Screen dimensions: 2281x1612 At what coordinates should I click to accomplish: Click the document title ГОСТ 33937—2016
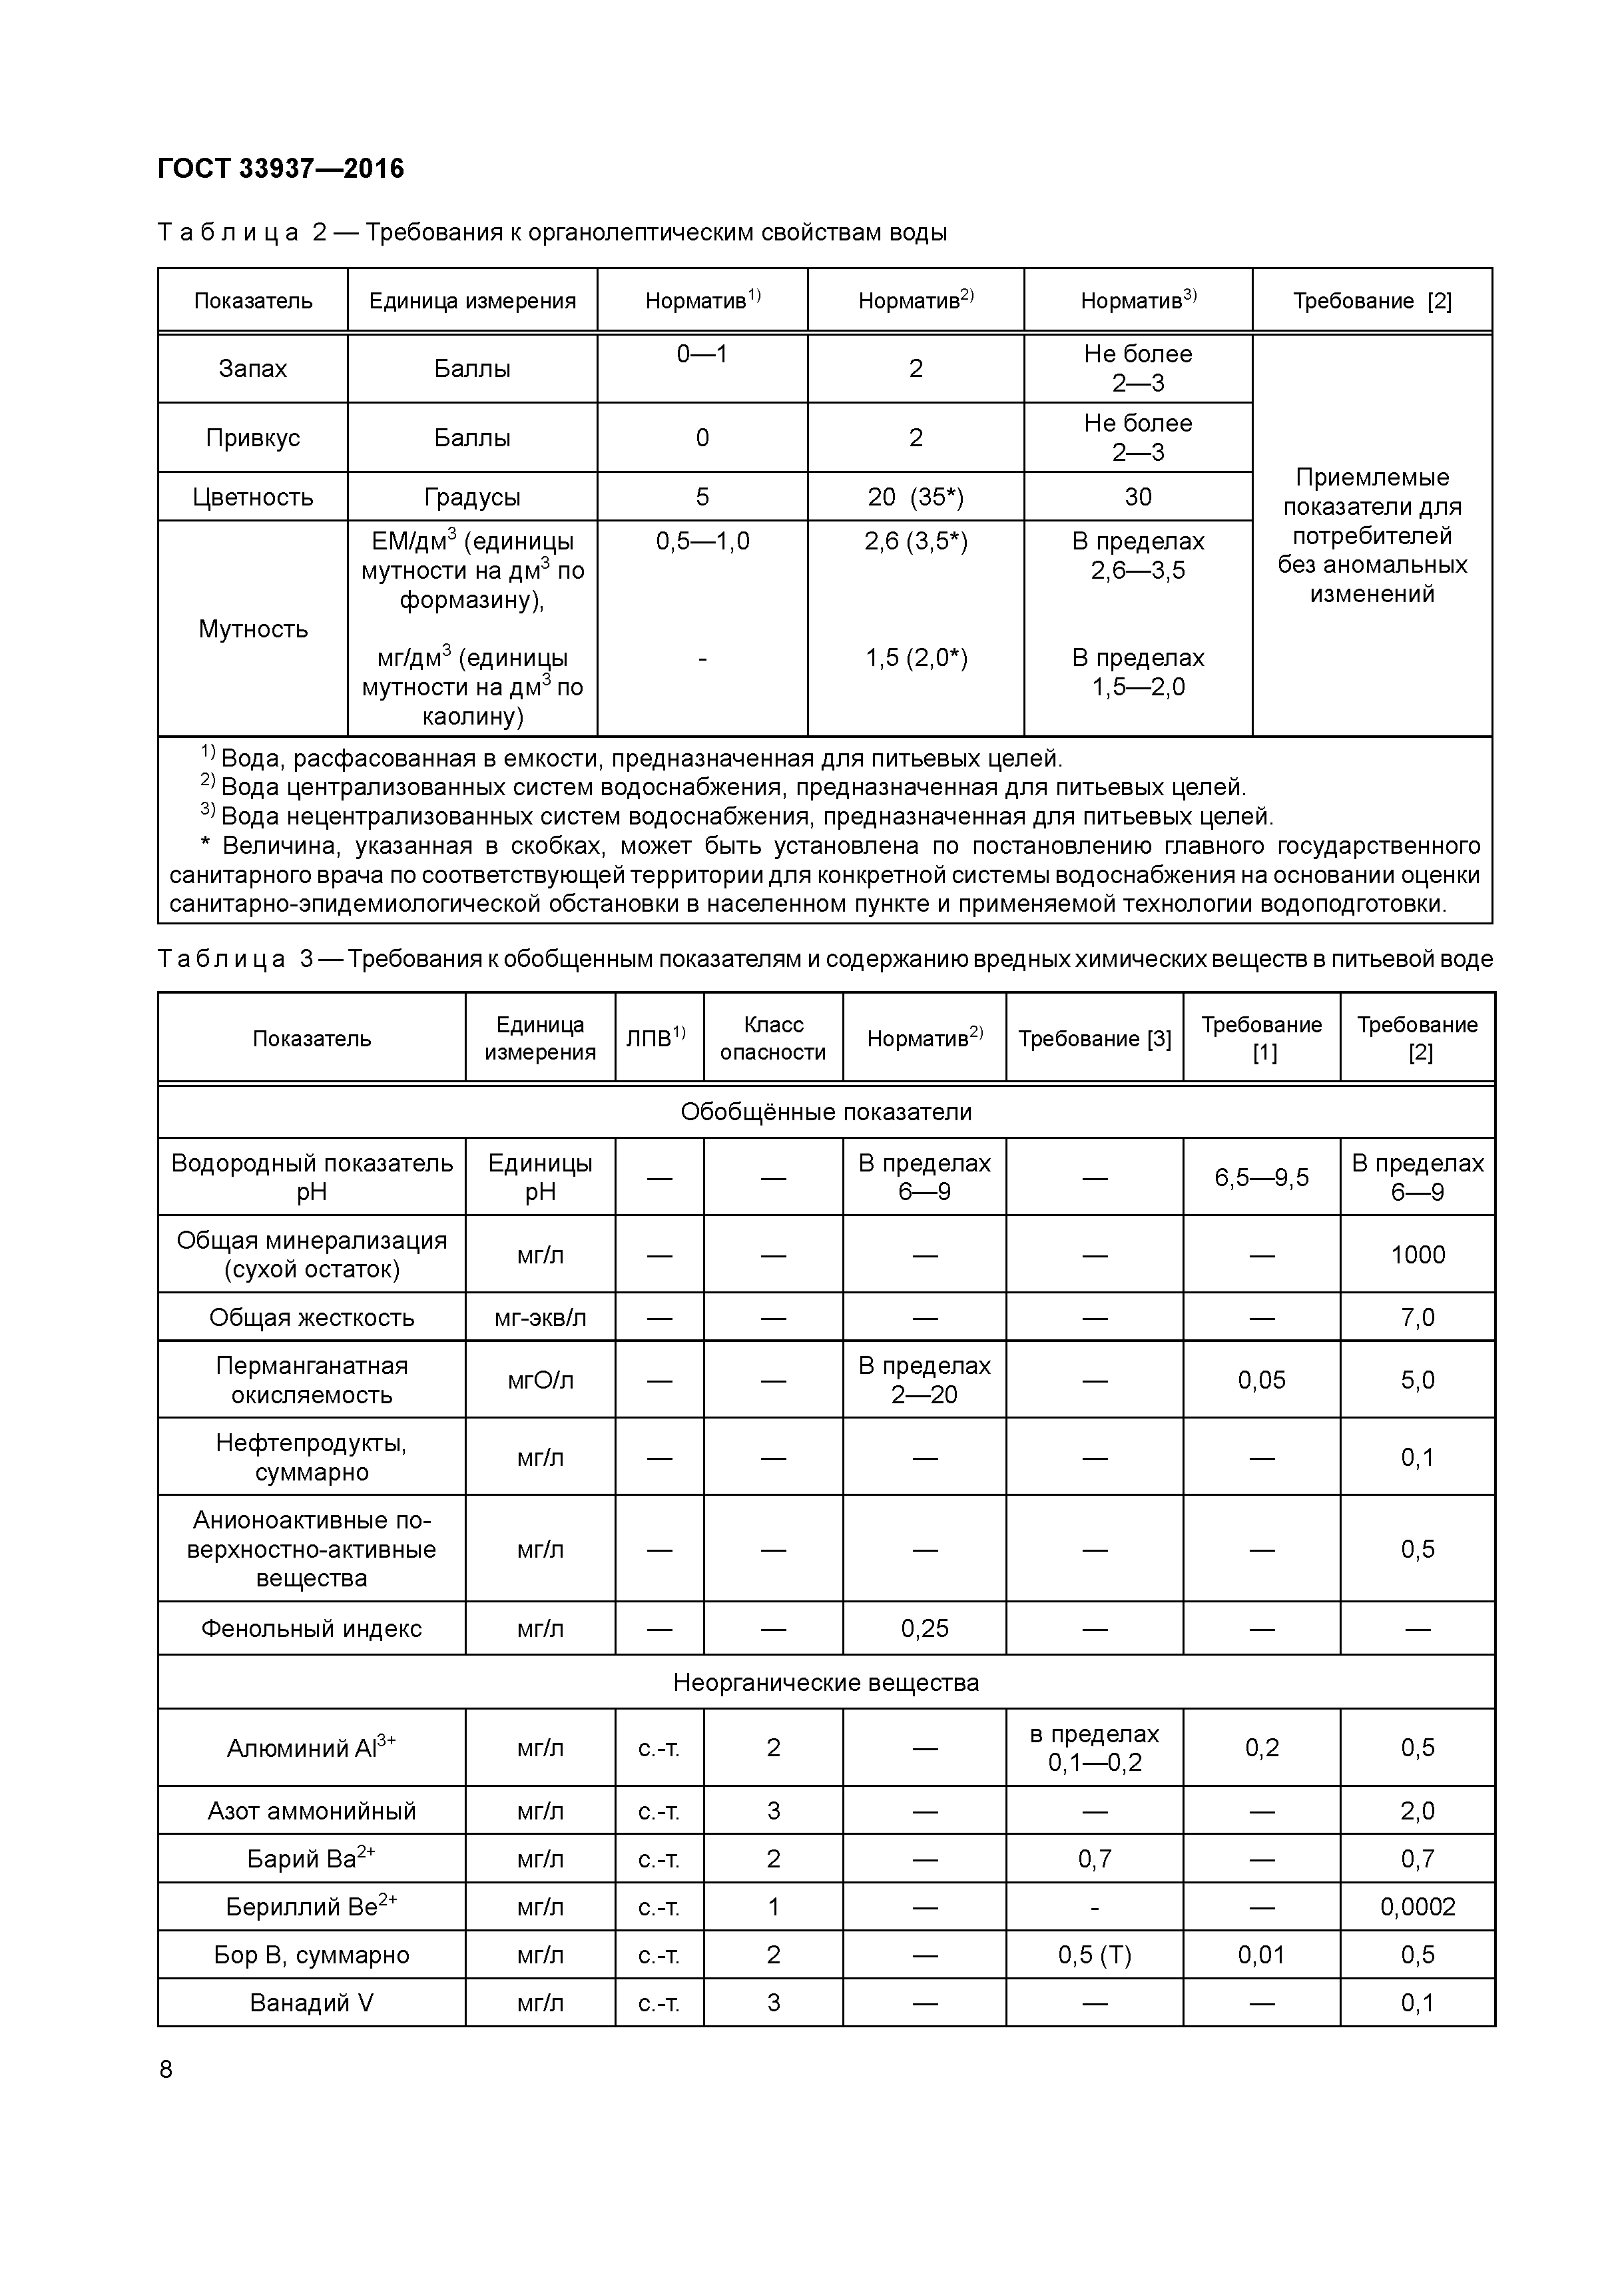click(281, 169)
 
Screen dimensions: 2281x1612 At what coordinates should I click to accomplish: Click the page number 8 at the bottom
click(166, 2069)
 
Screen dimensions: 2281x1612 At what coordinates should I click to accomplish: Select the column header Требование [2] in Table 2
click(1372, 301)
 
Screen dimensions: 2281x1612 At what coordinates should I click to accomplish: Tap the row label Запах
click(252, 368)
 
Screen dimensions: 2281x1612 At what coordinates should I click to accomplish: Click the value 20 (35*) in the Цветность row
click(915, 497)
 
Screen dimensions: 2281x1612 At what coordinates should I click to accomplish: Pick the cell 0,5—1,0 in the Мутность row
click(702, 541)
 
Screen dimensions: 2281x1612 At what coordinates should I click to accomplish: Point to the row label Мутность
click(252, 629)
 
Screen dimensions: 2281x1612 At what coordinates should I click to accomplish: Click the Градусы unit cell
click(472, 497)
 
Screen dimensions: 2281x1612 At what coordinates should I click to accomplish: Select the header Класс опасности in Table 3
click(773, 1038)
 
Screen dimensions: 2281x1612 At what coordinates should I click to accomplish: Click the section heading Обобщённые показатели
click(826, 1112)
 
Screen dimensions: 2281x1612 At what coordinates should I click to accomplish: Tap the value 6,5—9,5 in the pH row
click(1261, 1177)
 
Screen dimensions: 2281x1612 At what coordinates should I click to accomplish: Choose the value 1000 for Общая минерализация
click(1418, 1255)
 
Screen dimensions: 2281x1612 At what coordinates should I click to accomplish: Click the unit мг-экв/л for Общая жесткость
click(540, 1317)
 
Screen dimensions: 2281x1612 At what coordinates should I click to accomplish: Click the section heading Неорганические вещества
click(826, 1682)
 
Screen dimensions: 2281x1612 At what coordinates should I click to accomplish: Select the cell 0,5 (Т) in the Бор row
click(1095, 1954)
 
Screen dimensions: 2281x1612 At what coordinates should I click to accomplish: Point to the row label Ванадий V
click(311, 2002)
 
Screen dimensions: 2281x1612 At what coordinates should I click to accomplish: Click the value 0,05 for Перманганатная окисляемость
click(1261, 1380)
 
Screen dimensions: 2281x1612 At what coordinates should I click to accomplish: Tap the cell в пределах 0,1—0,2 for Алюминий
click(1095, 1748)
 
